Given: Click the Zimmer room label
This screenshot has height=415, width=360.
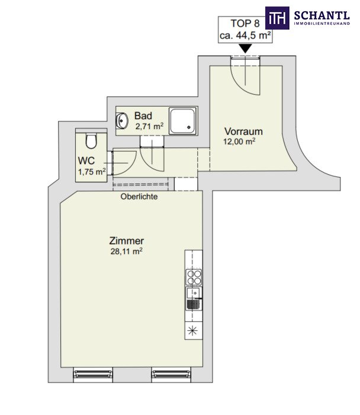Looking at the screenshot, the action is (127, 241).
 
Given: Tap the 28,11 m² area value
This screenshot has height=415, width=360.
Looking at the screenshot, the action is (127, 251).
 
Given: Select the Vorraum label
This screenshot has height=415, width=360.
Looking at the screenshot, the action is (243, 131).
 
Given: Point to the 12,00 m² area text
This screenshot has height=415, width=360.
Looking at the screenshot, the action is (239, 141).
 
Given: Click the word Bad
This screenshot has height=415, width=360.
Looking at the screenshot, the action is (143, 115).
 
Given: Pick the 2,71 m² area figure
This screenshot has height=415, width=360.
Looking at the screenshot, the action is (149, 126).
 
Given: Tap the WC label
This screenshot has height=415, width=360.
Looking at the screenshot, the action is (86, 160).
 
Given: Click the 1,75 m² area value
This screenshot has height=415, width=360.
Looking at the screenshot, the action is (92, 172).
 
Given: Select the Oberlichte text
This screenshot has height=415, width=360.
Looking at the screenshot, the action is (139, 197).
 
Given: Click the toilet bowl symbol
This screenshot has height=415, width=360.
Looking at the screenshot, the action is (91, 141).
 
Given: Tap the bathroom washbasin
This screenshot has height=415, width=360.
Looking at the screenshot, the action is (122, 120).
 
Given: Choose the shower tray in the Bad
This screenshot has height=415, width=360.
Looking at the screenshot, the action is (182, 120).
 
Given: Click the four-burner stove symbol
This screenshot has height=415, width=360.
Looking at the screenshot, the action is (194, 277).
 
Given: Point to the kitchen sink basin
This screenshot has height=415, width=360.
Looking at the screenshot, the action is (194, 292).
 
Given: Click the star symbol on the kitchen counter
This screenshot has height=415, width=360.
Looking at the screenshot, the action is (192, 330).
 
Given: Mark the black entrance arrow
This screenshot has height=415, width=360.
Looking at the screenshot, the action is (245, 49).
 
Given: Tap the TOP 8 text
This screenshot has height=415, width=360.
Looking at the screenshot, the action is (245, 23).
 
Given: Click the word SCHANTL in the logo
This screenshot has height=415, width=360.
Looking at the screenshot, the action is (322, 15).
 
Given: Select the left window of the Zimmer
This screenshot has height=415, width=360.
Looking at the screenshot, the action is (93, 374).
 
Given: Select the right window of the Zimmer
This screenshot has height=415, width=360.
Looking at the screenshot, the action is (171, 374).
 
